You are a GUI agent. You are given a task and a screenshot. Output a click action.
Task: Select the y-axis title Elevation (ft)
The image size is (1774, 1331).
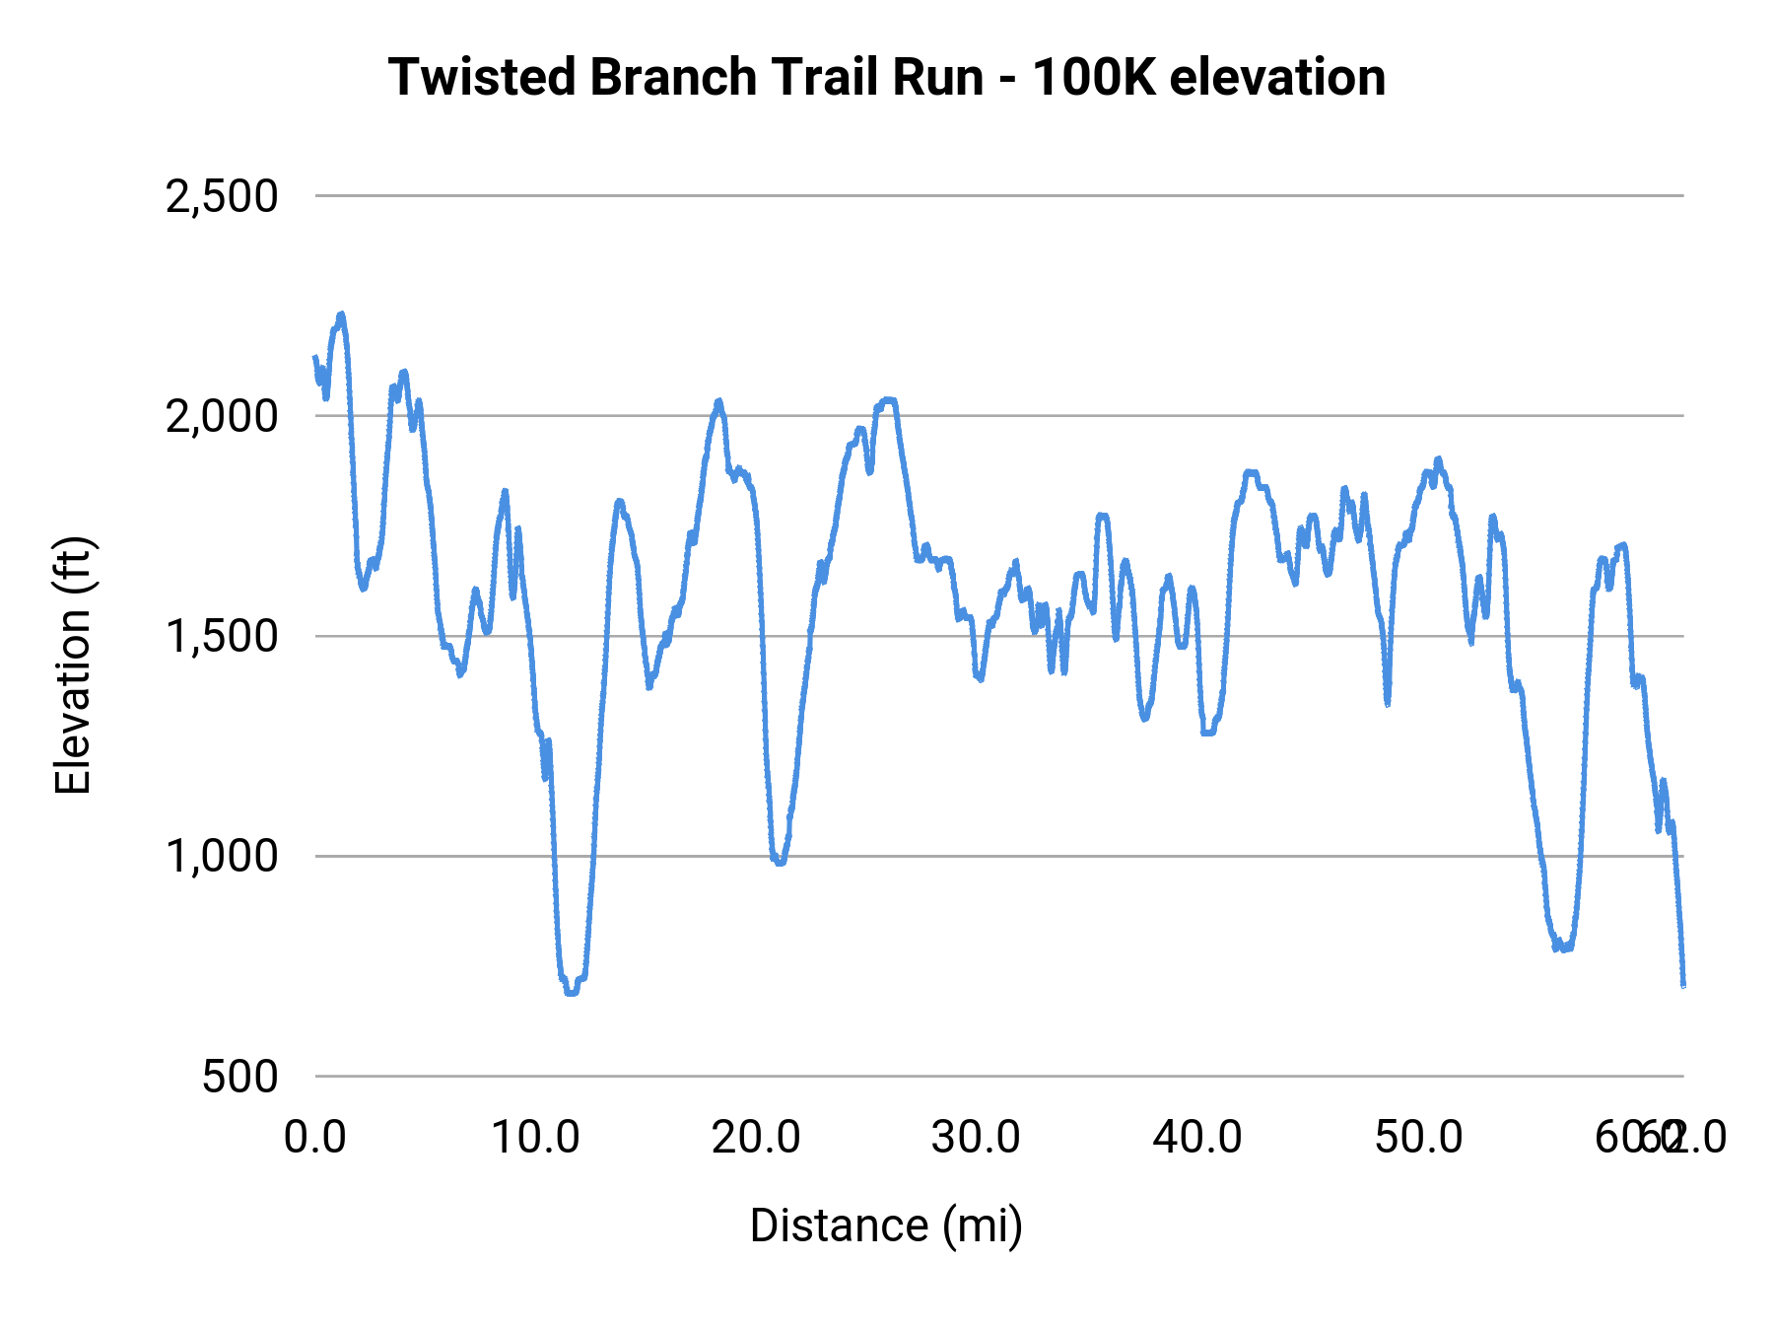pos(73,665)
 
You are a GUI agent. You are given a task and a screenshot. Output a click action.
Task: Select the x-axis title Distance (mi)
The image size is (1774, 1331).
pos(886,1226)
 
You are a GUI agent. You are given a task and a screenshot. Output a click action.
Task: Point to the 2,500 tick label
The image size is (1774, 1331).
pos(222,196)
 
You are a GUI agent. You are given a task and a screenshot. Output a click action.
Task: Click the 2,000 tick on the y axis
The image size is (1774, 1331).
pos(222,416)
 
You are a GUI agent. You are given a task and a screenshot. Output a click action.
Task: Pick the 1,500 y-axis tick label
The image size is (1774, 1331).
pos(222,636)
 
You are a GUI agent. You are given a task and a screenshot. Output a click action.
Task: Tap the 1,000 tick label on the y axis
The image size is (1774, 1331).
pos(222,856)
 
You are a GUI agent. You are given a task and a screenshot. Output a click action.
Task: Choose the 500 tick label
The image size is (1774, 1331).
pos(239,1076)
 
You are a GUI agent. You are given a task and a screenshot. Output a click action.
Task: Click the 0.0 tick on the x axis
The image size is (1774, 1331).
pos(315,1138)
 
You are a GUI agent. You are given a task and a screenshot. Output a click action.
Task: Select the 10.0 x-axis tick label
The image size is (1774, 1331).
pos(535,1138)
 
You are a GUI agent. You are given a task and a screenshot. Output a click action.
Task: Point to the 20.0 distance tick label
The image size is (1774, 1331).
pos(756,1138)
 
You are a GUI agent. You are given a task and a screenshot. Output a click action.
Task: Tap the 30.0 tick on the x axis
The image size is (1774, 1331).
pos(977,1138)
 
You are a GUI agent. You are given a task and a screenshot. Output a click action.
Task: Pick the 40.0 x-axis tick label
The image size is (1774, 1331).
pos(1197,1138)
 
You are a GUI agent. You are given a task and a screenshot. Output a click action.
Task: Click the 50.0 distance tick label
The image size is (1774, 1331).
pos(1418,1138)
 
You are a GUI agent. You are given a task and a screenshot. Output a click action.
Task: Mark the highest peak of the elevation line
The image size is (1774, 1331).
pos(341,315)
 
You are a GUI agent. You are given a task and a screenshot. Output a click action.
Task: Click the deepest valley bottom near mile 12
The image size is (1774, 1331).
pos(571,992)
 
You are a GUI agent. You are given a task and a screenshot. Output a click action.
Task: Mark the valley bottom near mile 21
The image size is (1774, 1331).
pos(780,863)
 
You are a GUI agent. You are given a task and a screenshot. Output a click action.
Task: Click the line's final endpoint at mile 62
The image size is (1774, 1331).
pos(1683,985)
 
